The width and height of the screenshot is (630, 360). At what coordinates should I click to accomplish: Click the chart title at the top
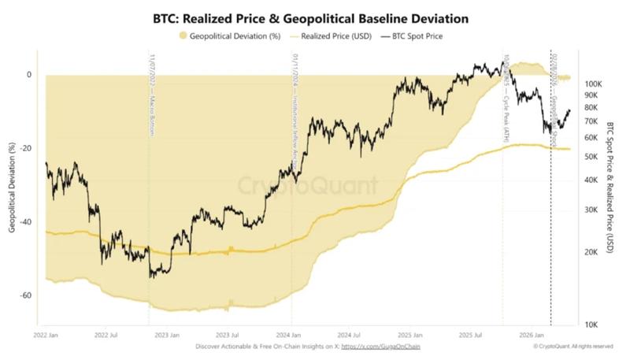coord(315,17)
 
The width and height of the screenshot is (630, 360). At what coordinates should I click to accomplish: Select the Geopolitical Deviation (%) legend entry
coord(230,35)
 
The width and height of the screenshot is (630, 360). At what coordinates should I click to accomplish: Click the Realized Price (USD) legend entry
coord(327,35)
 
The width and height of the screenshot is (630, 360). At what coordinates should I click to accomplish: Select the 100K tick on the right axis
coord(592,84)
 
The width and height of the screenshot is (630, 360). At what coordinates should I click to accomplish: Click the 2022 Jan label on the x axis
coord(46,335)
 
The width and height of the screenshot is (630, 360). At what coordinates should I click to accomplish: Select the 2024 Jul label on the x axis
coord(359,335)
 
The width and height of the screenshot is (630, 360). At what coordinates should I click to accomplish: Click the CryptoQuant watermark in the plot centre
coord(308,186)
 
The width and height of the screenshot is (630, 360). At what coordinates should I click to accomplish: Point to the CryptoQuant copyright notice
coord(573,347)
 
